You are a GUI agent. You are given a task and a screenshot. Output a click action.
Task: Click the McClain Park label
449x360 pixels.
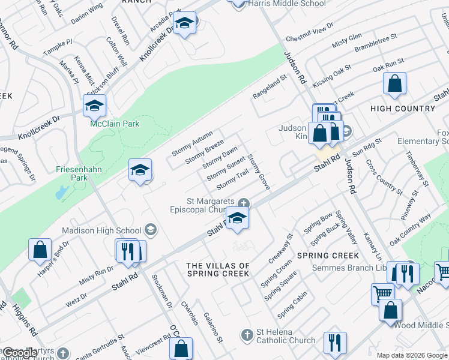[x=106, y=124]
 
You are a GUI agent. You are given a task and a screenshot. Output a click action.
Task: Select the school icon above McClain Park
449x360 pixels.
[x=94, y=107]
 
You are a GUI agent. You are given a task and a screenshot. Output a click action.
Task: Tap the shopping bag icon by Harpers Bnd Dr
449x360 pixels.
[x=40, y=249]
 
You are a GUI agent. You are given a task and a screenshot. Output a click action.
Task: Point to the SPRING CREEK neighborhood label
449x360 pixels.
[x=328, y=256]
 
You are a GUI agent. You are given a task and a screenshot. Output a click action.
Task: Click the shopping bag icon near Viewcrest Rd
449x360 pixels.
[x=181, y=349]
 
